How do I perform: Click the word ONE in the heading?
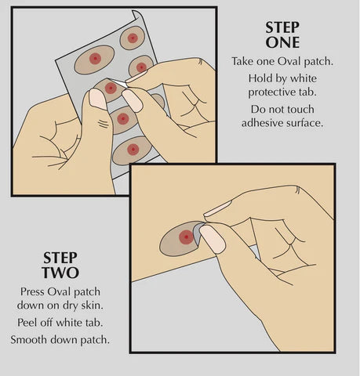[282, 42]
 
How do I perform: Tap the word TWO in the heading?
[60, 273]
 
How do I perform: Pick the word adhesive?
[262, 122]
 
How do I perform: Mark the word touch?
[300, 109]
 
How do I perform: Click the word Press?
[32, 291]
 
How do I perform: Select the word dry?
[71, 305]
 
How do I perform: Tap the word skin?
[92, 305]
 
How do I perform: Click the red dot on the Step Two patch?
[186, 237]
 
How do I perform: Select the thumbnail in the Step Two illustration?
[213, 239]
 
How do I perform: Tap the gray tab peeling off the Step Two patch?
[198, 232]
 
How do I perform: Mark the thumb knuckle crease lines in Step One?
[104, 124]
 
